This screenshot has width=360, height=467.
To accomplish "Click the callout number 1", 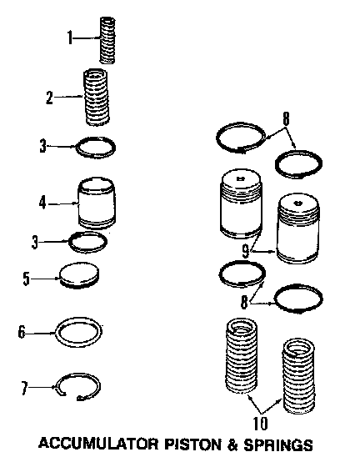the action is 70,38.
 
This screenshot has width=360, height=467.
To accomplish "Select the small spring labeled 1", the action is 107,40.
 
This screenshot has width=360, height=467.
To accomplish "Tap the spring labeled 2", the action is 96,97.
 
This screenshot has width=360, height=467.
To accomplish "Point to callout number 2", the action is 49,97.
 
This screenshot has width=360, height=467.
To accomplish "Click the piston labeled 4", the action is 97,203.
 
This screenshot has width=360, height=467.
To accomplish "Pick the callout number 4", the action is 42,203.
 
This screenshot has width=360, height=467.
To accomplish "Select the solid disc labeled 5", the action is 79,275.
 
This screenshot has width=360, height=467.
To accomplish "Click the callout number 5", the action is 27,279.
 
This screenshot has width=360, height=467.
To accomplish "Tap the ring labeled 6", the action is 79,332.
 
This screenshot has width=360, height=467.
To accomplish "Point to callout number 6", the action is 22,332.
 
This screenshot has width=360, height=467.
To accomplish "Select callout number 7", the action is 24,389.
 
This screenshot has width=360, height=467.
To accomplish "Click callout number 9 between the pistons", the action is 245,252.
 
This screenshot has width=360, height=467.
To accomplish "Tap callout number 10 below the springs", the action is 260,424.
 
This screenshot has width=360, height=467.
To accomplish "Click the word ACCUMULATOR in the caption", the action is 98,444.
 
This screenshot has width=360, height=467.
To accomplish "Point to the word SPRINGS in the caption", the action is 278,444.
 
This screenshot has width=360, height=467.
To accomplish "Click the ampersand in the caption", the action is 233,444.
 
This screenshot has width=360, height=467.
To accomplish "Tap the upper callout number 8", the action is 286,118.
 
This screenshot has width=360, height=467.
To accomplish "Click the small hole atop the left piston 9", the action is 240,179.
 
